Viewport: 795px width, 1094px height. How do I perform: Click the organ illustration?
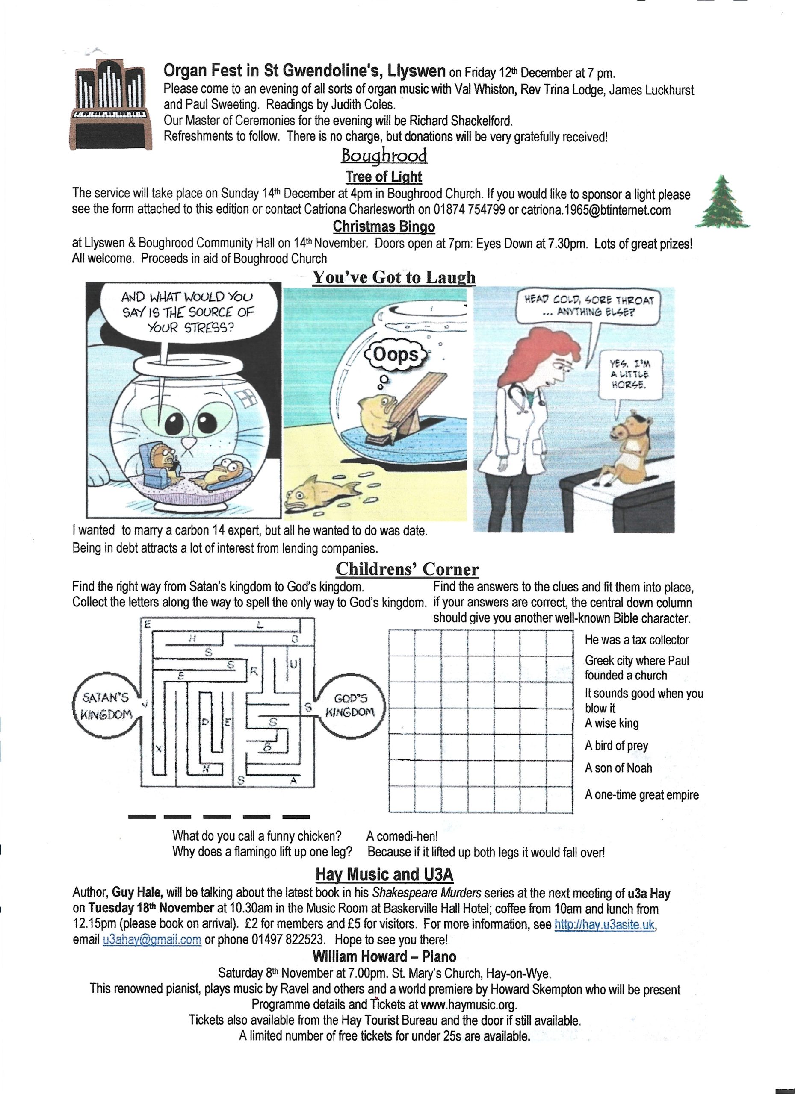[109, 104]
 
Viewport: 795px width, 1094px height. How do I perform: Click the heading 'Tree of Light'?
[384, 176]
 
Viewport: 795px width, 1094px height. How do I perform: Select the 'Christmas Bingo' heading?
[384, 226]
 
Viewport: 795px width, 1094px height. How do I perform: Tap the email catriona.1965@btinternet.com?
[596, 210]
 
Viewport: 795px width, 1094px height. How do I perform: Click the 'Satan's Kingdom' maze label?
[106, 706]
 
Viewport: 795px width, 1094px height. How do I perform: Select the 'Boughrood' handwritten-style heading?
[384, 156]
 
